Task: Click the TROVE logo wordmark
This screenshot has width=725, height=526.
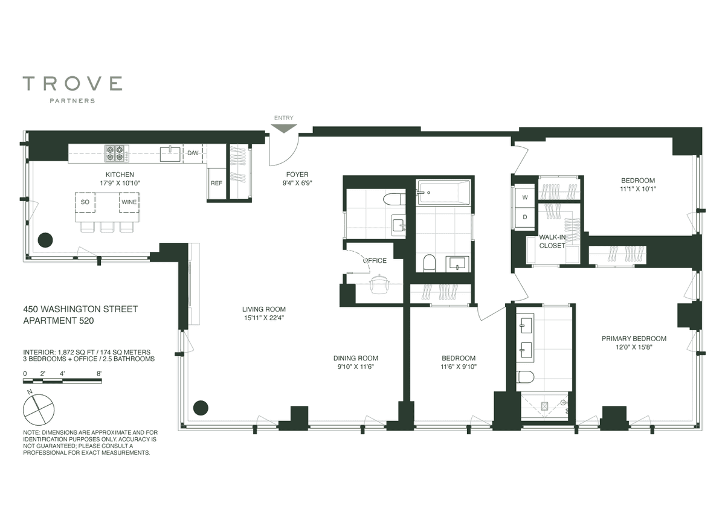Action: click(x=72, y=83)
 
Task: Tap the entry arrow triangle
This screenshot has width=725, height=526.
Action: click(x=283, y=129)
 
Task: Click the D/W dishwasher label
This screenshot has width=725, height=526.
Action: click(x=193, y=153)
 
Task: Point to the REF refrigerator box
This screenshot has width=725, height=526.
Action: click(x=216, y=184)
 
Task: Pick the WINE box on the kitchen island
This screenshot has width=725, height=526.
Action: click(x=129, y=202)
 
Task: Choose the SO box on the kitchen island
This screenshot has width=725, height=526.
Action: click(x=85, y=202)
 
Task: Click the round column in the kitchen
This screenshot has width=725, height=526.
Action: click(x=45, y=240)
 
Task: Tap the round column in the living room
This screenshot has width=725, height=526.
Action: click(x=201, y=408)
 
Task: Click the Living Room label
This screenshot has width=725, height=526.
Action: click(x=264, y=309)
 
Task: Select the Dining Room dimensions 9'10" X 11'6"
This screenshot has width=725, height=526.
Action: click(x=356, y=367)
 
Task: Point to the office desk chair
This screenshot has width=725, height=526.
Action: click(x=379, y=284)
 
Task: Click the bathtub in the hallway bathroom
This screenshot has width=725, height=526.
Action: click(x=444, y=193)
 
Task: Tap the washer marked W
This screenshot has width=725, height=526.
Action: click(x=524, y=197)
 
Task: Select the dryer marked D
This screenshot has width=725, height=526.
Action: click(x=524, y=217)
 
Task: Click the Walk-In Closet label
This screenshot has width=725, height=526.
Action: click(x=552, y=242)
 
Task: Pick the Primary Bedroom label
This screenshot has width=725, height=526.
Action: click(x=634, y=338)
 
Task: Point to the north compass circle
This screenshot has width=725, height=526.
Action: click(x=39, y=410)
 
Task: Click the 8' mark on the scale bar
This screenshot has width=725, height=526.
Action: click(x=99, y=374)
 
